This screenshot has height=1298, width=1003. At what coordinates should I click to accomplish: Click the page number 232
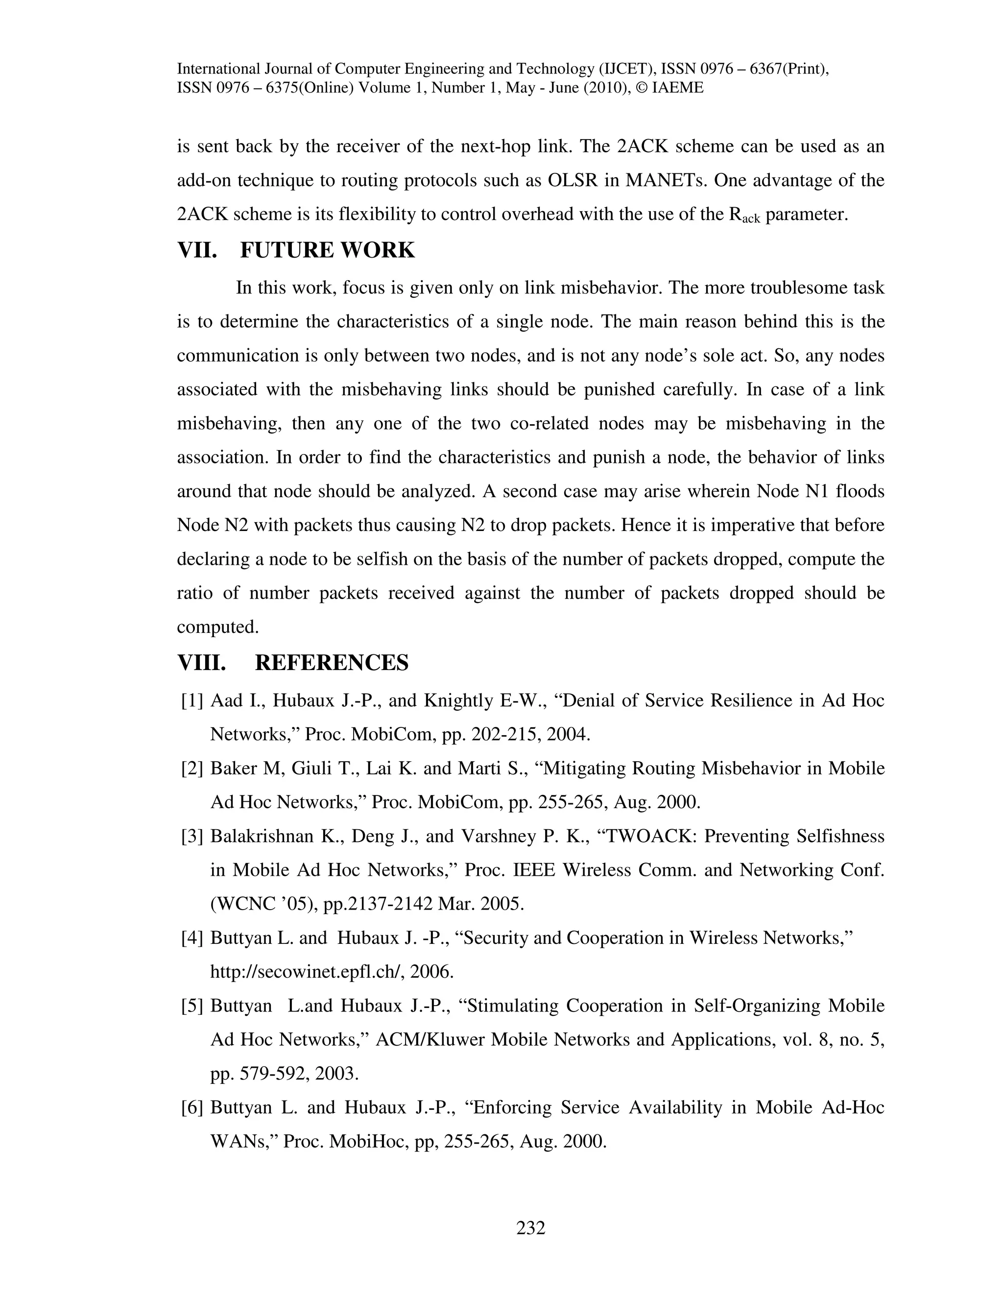(530, 1227)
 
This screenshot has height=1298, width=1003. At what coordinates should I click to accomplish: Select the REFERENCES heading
(332, 663)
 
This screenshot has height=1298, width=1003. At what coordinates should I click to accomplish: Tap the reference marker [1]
(192, 701)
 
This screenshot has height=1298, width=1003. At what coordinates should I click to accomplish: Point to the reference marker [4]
(192, 938)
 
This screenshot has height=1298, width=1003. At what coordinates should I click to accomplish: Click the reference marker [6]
(192, 1107)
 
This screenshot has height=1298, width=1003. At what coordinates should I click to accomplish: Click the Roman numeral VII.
(198, 250)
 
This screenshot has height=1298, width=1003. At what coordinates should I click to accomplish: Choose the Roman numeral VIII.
(202, 663)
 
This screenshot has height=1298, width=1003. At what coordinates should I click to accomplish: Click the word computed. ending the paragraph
(217, 627)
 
